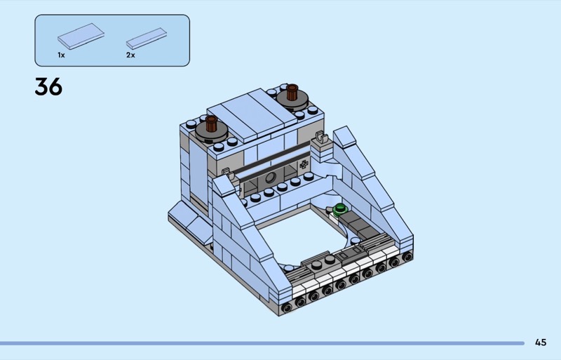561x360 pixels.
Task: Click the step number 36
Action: [x=48, y=87]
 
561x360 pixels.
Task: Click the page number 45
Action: [x=541, y=342]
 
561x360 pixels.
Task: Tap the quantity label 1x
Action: [x=61, y=55]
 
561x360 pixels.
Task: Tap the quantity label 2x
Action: [x=130, y=55]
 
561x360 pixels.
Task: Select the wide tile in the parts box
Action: [x=81, y=36]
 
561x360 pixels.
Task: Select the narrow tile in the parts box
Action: [x=147, y=39]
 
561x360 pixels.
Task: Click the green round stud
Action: [x=339, y=209]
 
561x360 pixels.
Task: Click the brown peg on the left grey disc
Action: [x=211, y=123]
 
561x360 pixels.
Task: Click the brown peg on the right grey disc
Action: [x=292, y=92]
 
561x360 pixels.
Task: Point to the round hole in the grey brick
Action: [x=271, y=177]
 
